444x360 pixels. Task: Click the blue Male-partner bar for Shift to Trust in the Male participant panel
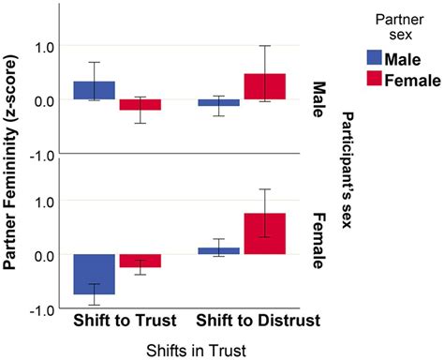tap(95, 90)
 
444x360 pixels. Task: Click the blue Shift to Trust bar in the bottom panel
tap(95, 274)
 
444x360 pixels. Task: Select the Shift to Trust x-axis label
tap(119, 321)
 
